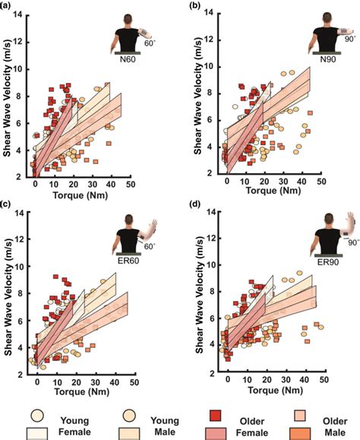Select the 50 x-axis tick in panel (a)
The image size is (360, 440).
131,184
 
